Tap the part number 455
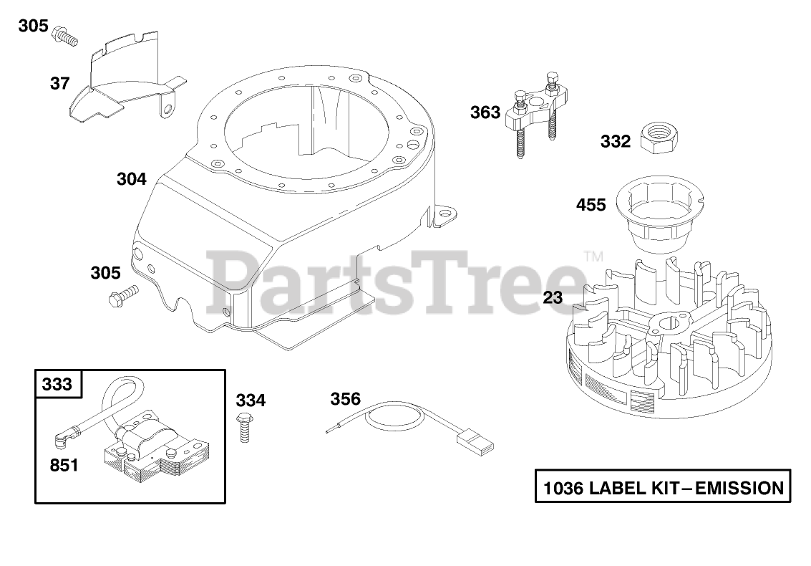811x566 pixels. tap(591, 206)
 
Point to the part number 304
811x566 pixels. tap(132, 179)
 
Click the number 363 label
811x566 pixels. tap(485, 112)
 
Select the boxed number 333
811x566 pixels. tap(58, 385)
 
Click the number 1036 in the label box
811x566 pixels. tap(564, 489)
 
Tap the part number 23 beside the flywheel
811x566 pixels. tap(553, 297)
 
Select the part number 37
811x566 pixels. tap(60, 84)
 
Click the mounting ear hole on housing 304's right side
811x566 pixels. tap(446, 213)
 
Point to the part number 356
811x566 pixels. tap(345, 399)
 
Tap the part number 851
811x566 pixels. tap(64, 466)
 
